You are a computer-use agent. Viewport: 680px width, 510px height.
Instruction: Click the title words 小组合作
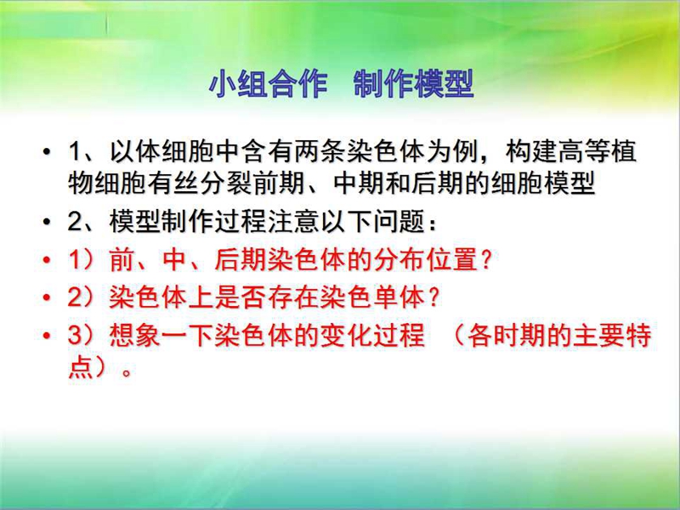click(x=268, y=83)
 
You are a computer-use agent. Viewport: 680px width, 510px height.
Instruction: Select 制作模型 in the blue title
click(x=414, y=83)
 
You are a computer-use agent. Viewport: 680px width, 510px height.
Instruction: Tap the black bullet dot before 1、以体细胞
click(x=47, y=152)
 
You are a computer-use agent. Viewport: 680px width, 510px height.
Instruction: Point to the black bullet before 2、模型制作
click(x=47, y=222)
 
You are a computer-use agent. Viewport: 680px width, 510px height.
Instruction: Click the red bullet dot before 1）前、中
click(x=47, y=260)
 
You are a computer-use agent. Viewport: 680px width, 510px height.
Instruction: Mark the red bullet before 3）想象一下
click(x=47, y=336)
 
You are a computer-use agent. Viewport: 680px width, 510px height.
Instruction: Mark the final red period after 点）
click(x=127, y=372)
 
